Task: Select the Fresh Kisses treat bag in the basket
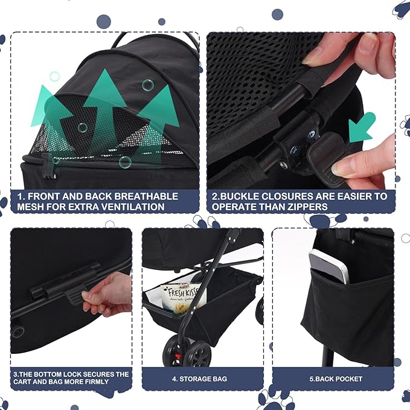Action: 186,296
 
